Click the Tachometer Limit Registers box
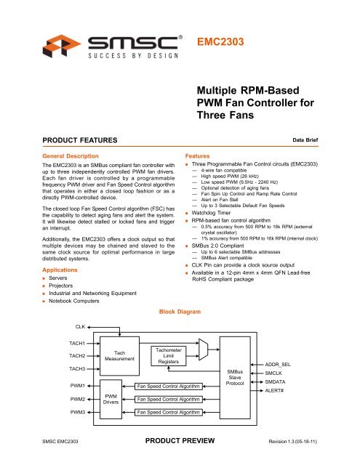(x=168, y=356)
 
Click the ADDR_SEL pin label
(x=280, y=363)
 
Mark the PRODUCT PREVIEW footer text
(x=180, y=440)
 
